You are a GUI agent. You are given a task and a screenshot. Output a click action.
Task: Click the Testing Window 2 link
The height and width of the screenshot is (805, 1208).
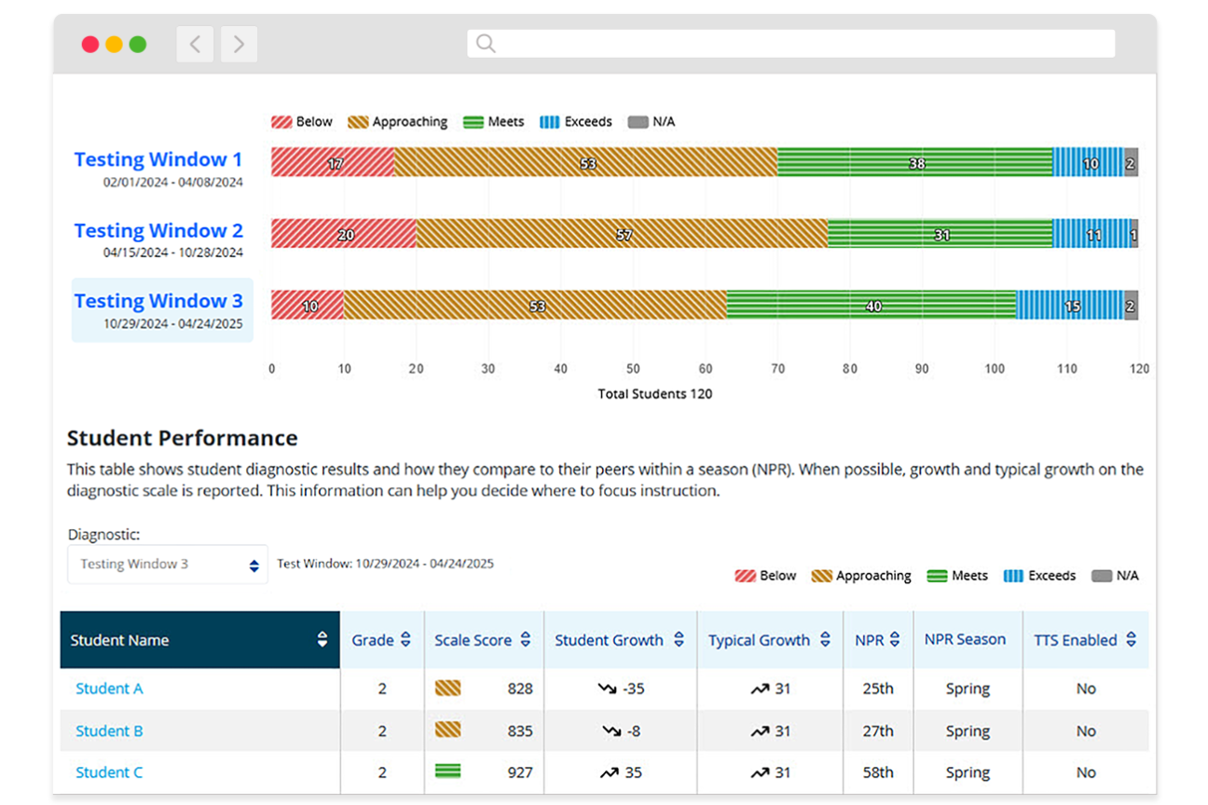[158, 230]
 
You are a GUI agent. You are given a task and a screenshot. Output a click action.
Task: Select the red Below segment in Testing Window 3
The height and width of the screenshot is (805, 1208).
[307, 305]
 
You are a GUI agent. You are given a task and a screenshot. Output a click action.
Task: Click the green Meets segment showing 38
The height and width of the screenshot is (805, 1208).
[914, 162]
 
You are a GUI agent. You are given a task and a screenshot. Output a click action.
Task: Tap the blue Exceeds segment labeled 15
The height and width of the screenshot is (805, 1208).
[1069, 305]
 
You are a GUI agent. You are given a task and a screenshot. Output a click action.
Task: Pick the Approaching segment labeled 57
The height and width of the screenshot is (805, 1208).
[621, 234]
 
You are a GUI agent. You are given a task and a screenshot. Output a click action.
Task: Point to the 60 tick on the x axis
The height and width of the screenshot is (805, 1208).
[705, 369]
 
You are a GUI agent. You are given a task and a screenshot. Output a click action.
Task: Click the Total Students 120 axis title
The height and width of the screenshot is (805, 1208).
[654, 394]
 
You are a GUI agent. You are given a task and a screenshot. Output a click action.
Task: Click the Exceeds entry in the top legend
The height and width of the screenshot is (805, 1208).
[576, 122]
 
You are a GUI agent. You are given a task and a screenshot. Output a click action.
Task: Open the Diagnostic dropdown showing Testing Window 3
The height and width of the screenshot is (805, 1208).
[168, 565]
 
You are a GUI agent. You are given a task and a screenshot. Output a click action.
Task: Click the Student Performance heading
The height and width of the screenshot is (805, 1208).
[183, 438]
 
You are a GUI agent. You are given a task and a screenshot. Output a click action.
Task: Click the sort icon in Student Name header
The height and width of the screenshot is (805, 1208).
[323, 639]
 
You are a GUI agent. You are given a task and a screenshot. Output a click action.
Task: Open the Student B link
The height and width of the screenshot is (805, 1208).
[109, 731]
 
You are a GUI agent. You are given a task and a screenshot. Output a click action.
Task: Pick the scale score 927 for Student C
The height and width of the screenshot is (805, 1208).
[519, 772]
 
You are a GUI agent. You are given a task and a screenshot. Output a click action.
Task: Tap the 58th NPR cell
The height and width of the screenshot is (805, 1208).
[877, 772]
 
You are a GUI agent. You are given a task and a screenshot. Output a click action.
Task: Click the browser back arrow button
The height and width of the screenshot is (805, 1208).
[195, 44]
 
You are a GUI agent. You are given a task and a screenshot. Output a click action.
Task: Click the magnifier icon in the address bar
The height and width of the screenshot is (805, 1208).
[486, 44]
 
